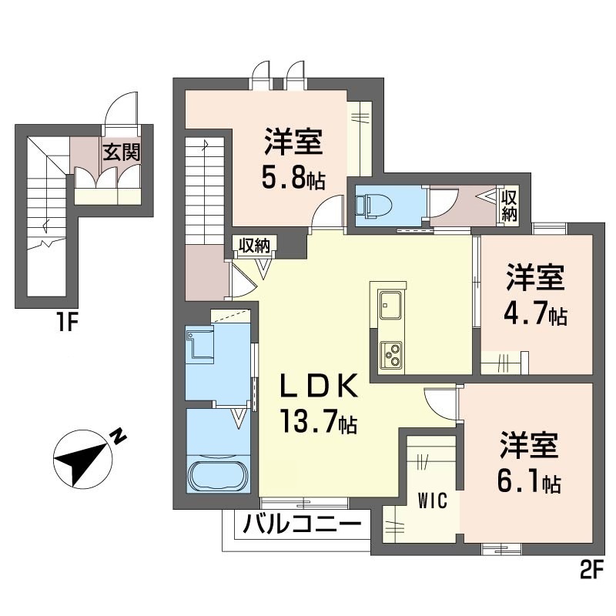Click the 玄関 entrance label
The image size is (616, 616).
[122, 152]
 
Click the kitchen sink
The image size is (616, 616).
[390, 304]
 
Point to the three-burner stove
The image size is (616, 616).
[390, 355]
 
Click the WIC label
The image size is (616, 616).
[433, 501]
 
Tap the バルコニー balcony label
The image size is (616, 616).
[302, 524]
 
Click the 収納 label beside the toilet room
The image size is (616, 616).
[509, 206]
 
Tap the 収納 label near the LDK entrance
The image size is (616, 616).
[255, 246]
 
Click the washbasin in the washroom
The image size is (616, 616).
[200, 345]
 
